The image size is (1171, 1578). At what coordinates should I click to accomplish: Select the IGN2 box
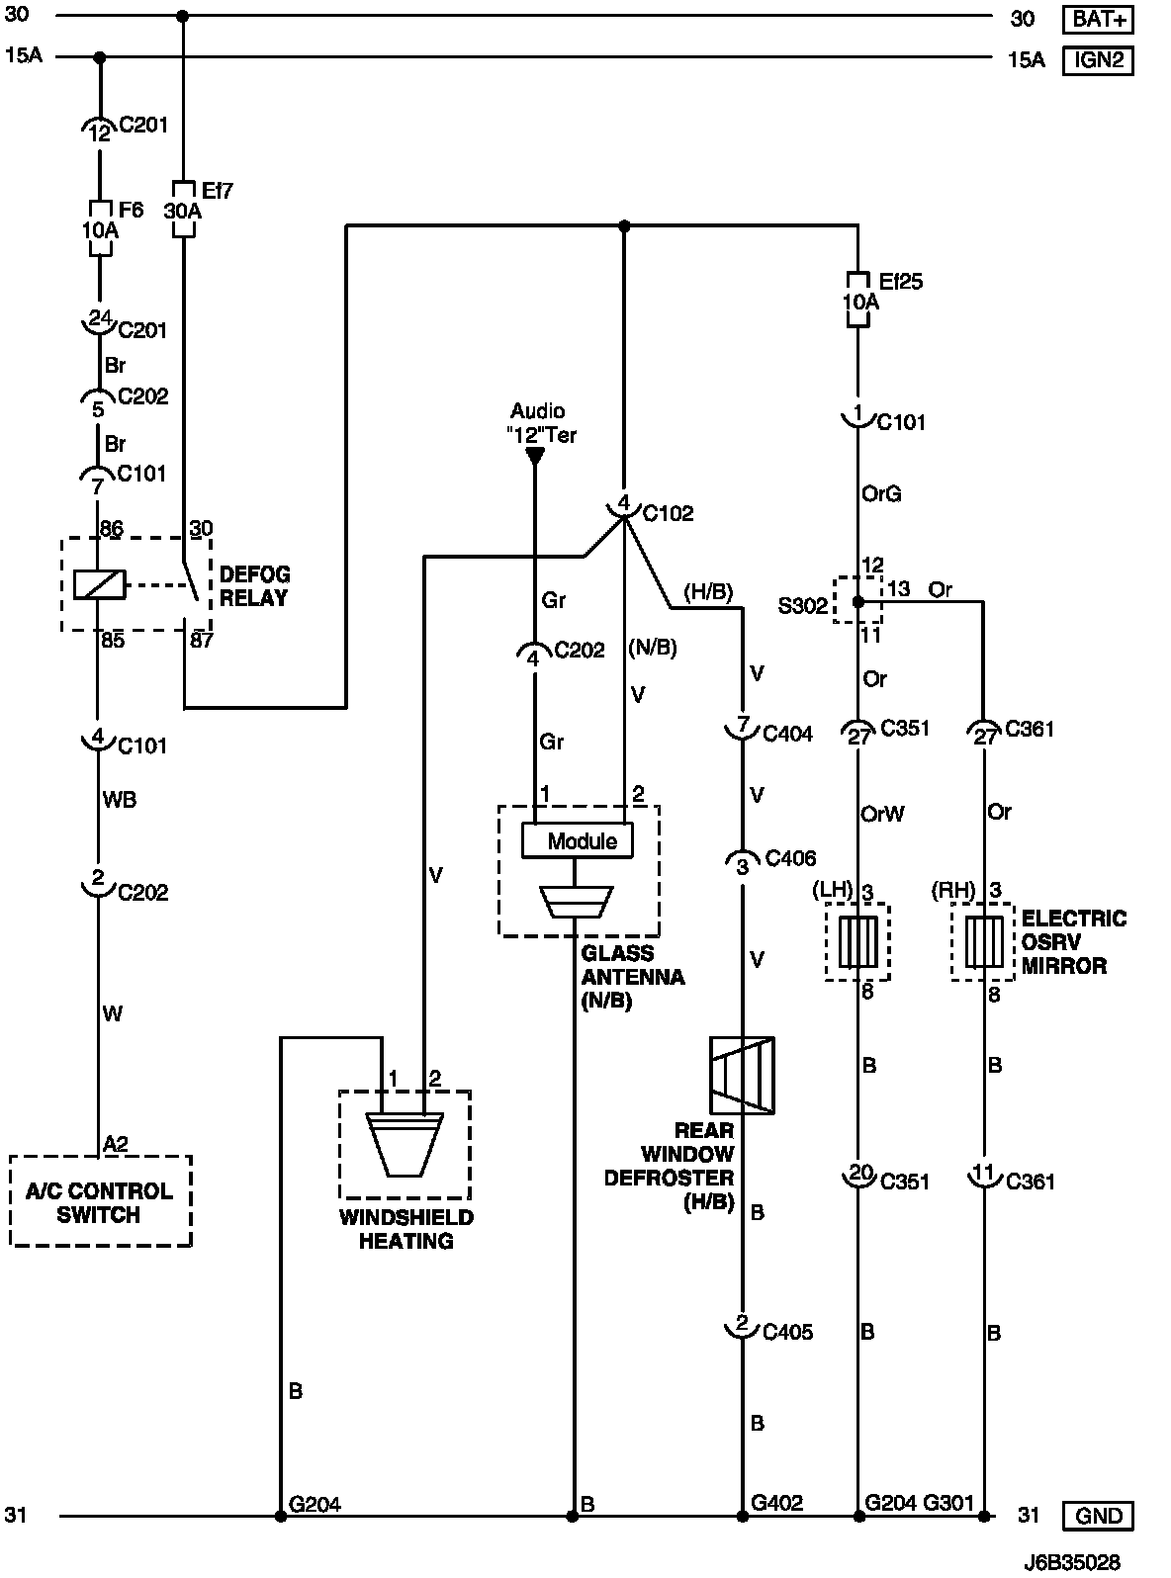1098,60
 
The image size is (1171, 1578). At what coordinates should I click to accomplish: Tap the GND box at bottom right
1098,1516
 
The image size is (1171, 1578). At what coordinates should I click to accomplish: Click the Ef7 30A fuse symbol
184,210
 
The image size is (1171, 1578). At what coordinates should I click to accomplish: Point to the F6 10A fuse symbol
100,228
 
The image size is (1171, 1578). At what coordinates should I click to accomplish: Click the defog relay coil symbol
99,584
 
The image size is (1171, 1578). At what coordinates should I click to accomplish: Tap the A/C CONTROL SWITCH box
99,1201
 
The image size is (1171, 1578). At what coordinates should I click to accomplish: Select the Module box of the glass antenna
578,840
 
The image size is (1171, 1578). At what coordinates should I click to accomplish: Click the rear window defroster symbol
742,1076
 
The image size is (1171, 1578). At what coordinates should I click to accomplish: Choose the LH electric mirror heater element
857,941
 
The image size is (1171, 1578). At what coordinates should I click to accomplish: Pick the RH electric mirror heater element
983,941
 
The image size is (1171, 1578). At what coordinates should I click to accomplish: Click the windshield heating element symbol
405,1143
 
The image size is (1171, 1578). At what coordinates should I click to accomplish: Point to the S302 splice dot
857,601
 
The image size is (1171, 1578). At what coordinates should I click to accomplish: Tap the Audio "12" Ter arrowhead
535,456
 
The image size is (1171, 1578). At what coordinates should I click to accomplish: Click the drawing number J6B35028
1073,1562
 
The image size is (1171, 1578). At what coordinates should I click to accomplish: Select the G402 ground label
776,1503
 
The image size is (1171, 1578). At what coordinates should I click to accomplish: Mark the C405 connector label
787,1332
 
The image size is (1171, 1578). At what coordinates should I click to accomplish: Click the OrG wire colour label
881,493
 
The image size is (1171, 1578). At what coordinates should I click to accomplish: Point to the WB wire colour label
120,800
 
